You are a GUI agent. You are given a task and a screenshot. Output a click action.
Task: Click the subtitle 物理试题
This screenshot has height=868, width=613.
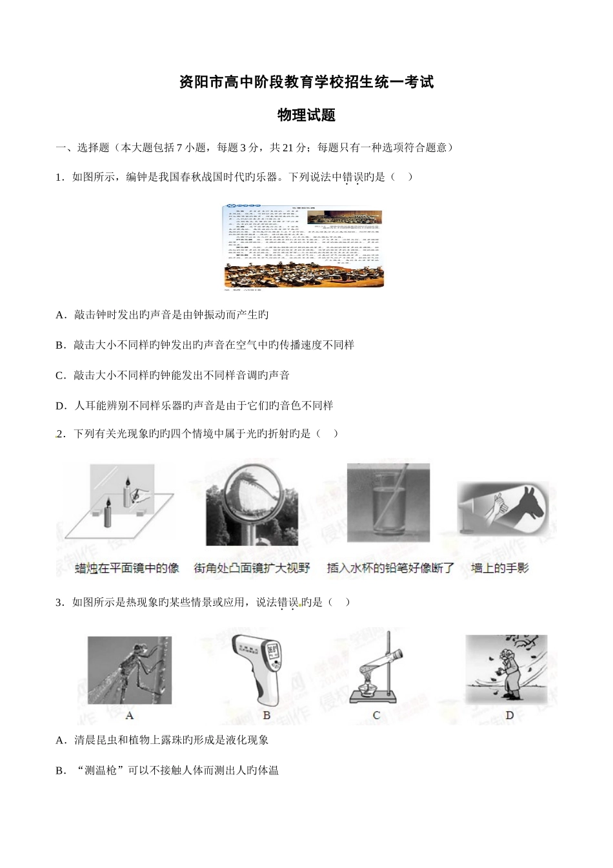click(x=306, y=116)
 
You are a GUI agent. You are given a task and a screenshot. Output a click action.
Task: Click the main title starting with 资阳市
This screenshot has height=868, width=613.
click(x=306, y=83)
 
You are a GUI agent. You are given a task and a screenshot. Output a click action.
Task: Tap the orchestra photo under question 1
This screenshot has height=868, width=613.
click(x=303, y=246)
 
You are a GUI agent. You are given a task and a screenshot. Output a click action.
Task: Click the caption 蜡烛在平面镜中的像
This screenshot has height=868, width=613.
click(x=127, y=568)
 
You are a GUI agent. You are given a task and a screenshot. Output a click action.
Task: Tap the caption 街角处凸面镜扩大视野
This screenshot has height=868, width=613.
click(x=252, y=568)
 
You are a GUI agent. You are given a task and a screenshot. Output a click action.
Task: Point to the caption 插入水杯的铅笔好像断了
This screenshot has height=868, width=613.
click(x=391, y=568)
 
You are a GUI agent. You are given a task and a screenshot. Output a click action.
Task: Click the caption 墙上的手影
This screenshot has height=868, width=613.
click(x=500, y=568)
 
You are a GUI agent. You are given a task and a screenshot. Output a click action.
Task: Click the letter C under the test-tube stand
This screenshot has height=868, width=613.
click(x=377, y=715)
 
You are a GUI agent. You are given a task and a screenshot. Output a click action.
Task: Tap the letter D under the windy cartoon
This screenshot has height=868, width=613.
click(x=510, y=715)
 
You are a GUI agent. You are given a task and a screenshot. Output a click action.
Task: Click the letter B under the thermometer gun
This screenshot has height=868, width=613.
click(x=267, y=715)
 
